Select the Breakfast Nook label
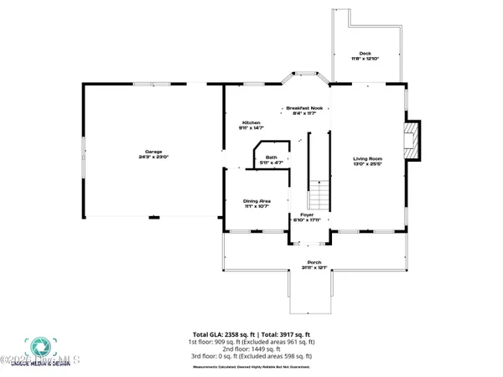coord(304,108)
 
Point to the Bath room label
coord(271,157)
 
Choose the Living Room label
coord(367,158)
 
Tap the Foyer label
coord(307,215)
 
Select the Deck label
coord(365,53)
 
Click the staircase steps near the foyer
coord(319,196)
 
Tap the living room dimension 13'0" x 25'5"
coord(367,164)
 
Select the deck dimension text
coord(365,59)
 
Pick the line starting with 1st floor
coord(251,342)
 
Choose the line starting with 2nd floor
coord(251,349)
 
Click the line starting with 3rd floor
coord(251,355)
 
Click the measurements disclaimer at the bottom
coord(251,366)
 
